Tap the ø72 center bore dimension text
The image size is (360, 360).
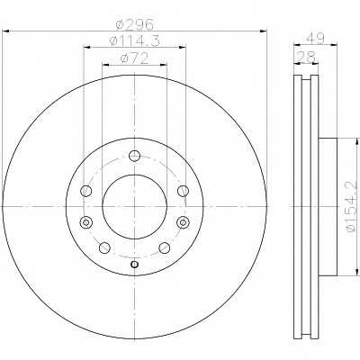(134, 59)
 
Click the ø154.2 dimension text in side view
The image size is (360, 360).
(351, 208)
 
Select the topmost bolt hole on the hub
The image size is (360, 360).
(134, 156)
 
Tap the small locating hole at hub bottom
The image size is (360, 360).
(134, 264)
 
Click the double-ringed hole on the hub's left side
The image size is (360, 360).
(86, 222)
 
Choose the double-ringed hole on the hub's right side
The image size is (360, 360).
(183, 222)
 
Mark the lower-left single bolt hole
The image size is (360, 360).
(105, 249)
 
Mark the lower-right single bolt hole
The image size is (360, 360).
(164, 249)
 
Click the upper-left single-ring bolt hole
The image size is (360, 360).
(86, 190)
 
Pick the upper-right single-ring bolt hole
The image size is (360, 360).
(183, 190)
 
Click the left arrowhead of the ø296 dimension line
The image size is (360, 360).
(4, 32)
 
